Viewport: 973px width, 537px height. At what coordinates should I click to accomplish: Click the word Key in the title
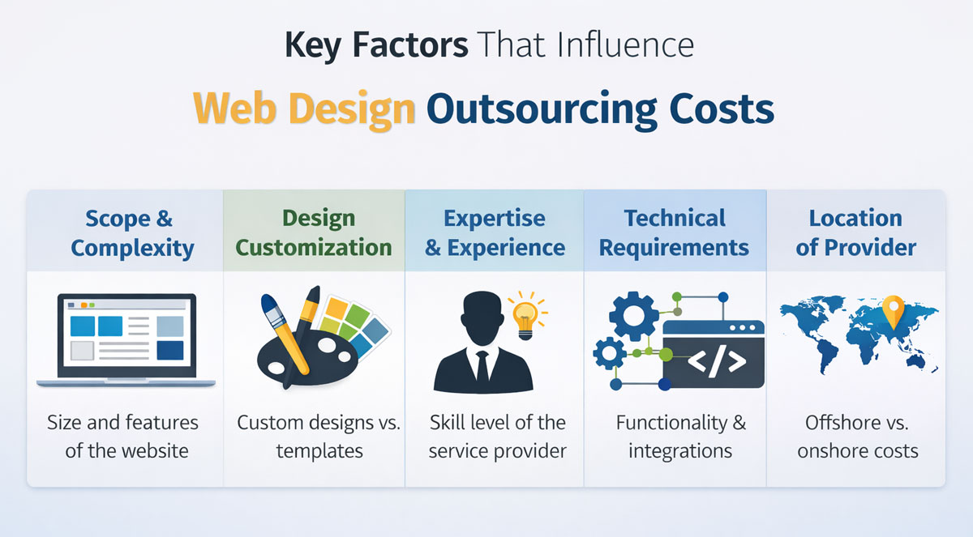312,45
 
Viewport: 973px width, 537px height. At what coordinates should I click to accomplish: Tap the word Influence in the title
625,45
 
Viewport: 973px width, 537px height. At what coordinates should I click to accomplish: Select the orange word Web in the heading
234,108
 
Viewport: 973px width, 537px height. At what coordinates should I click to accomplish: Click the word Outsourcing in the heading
542,110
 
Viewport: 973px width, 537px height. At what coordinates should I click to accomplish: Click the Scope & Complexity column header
131,233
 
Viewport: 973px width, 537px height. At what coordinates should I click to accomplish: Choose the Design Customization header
314,233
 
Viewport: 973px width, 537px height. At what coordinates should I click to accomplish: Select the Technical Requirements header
674,233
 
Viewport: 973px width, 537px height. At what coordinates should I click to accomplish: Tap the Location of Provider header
855,233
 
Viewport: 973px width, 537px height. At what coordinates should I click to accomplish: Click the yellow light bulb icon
526,316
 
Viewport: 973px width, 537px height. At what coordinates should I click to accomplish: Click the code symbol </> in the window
717,362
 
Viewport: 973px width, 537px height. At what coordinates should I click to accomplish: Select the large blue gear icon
633,316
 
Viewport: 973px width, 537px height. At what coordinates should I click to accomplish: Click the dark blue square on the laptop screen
169,351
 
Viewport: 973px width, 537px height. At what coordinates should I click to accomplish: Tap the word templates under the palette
319,451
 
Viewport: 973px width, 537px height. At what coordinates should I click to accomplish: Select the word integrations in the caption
680,451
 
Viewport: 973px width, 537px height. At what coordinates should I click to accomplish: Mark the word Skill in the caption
447,422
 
